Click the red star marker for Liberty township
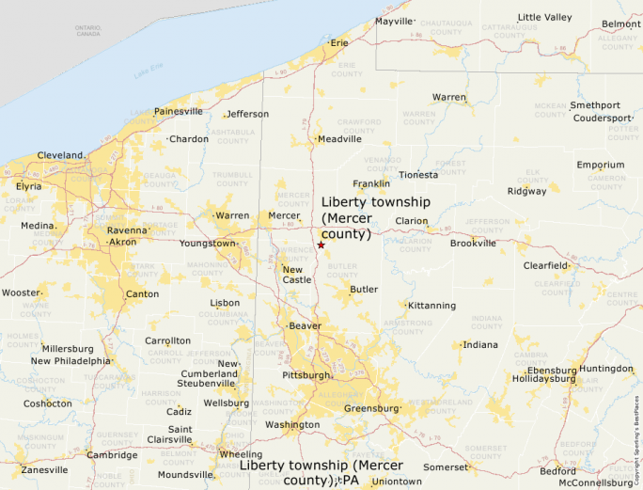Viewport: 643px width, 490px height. (x=321, y=245)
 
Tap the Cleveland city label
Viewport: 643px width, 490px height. (x=60, y=155)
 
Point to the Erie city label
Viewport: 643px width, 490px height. (x=338, y=42)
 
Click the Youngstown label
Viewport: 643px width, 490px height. (x=209, y=244)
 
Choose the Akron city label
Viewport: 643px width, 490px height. (x=122, y=242)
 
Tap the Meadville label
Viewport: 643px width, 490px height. (x=339, y=139)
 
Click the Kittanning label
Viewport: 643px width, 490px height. (x=432, y=306)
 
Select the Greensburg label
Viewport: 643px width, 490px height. (x=371, y=408)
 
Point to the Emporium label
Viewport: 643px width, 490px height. (x=601, y=166)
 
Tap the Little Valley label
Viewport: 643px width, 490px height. (x=544, y=17)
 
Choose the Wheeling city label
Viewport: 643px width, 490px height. (x=241, y=454)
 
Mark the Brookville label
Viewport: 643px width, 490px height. (x=473, y=243)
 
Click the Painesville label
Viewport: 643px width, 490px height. (x=179, y=111)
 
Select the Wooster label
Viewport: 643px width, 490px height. (x=21, y=292)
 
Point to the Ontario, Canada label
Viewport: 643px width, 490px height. (x=88, y=30)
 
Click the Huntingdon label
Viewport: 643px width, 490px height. (x=606, y=369)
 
